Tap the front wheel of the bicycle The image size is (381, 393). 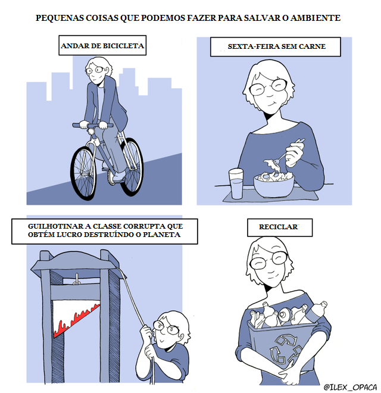click(84, 173)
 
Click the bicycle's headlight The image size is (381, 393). click(90, 131)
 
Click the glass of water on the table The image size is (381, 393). click(236, 183)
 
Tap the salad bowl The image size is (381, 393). click(273, 185)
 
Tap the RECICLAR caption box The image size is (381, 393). click(279, 227)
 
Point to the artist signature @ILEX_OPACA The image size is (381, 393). click(350, 386)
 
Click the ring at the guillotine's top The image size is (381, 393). click(76, 282)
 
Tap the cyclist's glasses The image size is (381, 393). click(95, 70)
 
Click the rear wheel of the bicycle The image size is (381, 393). click(132, 166)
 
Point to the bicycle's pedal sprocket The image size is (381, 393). click(111, 177)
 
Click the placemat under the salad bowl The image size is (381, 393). click(271, 195)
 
